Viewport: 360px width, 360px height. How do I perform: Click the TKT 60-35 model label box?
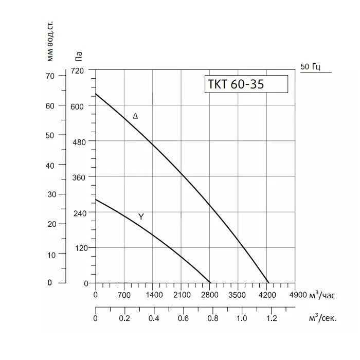tap(245, 84)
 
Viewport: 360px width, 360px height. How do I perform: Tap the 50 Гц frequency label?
tap(311, 67)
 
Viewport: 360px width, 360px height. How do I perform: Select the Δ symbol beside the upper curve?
tap(135, 116)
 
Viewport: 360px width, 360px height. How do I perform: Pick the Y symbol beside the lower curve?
tap(141, 217)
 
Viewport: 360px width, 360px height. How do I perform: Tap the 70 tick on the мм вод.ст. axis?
tap(50, 76)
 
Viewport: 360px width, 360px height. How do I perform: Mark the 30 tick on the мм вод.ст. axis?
tap(50, 194)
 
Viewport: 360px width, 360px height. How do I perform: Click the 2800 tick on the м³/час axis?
tap(210, 295)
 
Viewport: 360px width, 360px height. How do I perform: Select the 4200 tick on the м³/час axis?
tap(267, 295)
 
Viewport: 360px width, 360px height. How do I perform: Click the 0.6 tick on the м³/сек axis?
tap(183, 318)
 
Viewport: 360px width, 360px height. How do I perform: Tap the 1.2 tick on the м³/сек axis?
tap(271, 318)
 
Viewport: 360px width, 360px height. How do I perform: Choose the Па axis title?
tap(78, 55)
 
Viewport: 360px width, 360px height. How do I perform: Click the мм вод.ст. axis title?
tap(50, 41)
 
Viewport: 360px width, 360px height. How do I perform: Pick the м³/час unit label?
tap(322, 295)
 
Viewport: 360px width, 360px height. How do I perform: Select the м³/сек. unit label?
tap(322, 318)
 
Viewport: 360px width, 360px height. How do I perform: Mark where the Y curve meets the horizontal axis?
tap(210, 283)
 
